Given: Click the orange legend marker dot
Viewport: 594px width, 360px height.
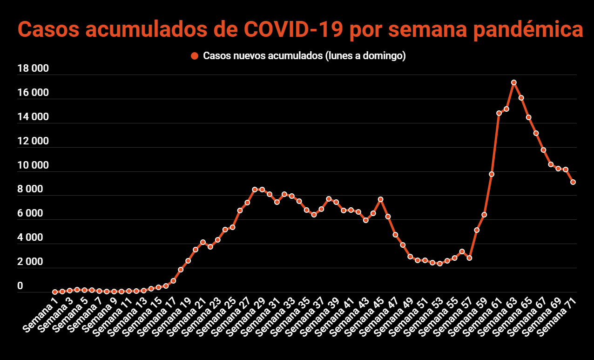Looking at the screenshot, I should point(195,56).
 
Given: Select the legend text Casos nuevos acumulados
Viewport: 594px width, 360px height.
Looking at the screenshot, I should point(263,56).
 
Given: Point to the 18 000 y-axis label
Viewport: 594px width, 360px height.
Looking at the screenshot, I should point(33,69).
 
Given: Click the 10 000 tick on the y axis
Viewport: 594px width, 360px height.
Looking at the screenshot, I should point(33,165).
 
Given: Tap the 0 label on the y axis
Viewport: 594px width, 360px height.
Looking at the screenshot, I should point(20,286).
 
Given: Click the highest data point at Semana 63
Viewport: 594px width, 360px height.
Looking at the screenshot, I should point(514,82).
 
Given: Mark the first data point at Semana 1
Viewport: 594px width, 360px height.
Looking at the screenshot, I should point(55,292).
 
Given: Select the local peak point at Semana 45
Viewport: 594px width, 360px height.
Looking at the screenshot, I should point(380,199).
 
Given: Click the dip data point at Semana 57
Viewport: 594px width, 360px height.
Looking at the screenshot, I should point(469,258).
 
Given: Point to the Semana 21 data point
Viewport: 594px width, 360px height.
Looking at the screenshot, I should point(203,242).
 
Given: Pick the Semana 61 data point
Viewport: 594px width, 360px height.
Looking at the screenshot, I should point(499,113).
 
